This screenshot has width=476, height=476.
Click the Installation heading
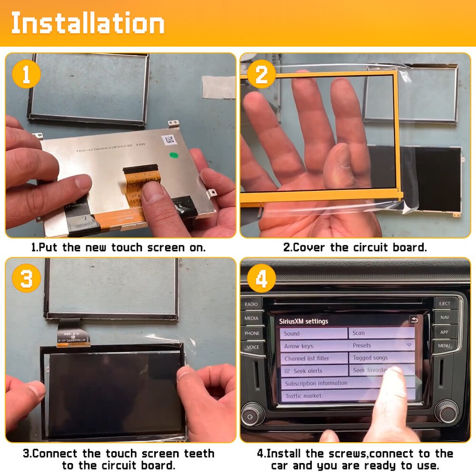(x=88, y=23)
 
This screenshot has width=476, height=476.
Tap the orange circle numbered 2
(x=261, y=75)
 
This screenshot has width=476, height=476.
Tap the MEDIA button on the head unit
(x=251, y=318)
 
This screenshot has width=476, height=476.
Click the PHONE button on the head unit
(x=251, y=333)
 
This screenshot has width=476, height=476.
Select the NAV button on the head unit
(x=444, y=317)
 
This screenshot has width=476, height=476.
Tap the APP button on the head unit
(x=444, y=332)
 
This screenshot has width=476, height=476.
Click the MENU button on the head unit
(x=444, y=346)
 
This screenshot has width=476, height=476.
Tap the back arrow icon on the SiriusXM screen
(x=414, y=320)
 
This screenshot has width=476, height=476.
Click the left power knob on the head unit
(x=252, y=416)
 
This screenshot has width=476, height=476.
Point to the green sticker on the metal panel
(x=174, y=155)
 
